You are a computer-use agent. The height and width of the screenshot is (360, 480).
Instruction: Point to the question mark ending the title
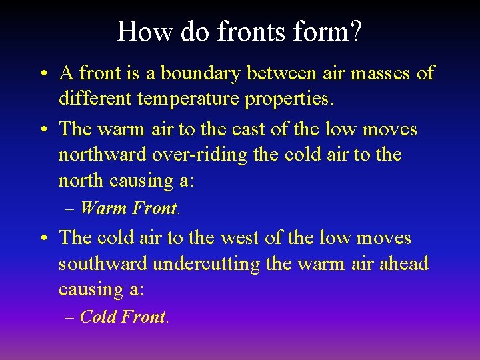click(x=355, y=32)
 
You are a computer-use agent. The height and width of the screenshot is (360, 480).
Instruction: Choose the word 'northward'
click(x=104, y=155)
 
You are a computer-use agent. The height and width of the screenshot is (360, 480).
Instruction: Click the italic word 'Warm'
click(x=103, y=208)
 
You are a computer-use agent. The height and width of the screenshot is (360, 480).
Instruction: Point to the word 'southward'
click(x=103, y=264)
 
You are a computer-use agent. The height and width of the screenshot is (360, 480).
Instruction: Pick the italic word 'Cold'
click(x=98, y=317)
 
